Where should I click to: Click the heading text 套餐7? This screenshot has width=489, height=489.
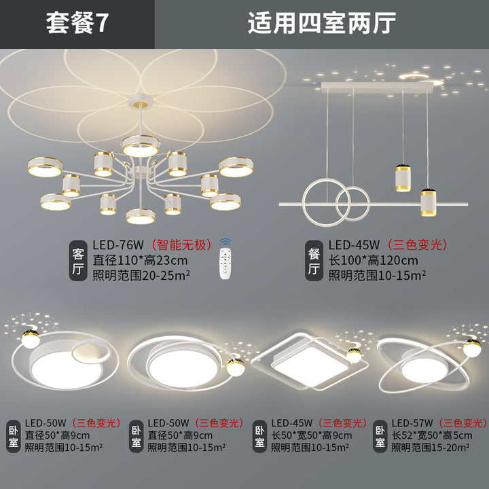point(77,23)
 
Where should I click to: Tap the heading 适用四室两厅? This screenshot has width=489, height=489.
point(321,23)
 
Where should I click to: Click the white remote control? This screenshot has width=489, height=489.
point(225,264)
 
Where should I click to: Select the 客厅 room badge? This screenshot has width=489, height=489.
point(78,261)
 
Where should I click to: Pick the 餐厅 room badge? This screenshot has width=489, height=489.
point(314,261)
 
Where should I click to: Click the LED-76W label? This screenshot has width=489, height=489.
point(118,245)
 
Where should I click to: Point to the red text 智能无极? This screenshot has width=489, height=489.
point(182,244)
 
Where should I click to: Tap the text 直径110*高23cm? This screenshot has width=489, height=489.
point(140,260)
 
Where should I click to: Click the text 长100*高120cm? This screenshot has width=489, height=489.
point(373,260)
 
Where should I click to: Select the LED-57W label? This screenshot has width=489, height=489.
point(412,423)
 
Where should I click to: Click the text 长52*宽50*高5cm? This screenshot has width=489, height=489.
point(432,435)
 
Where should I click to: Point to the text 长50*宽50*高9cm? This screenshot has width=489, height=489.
point(311,435)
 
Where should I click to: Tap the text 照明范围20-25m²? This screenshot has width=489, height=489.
point(141,275)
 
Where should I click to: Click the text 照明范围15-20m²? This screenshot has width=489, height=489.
point(431,448)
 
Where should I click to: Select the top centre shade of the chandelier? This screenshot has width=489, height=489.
point(141,146)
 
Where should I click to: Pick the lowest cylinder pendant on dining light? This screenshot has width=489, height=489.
point(428,202)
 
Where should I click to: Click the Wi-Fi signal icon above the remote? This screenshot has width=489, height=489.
point(225,242)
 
